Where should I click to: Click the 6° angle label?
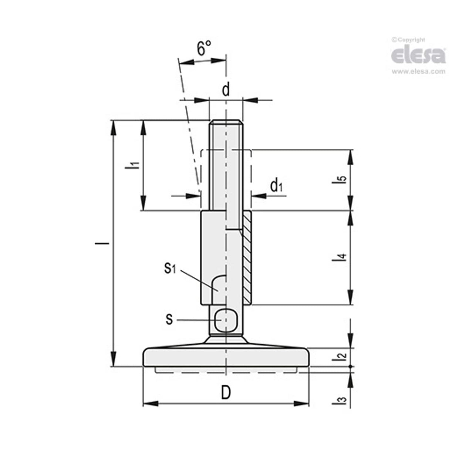click(204, 49)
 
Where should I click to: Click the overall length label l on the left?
click(107, 243)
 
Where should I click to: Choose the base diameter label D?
click(226, 393)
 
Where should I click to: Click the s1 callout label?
click(170, 269)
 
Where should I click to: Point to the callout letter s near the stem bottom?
click(169, 319)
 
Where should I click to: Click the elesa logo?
click(418, 55)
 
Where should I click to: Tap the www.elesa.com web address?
click(418, 72)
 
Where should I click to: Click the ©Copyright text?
click(409, 40)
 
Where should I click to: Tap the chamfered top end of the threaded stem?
click(226, 122)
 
